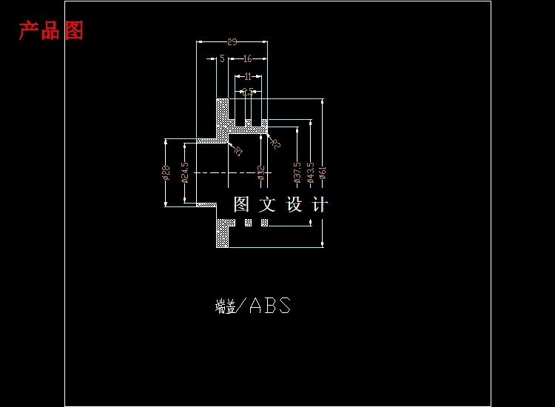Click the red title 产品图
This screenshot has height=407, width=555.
click(x=51, y=30)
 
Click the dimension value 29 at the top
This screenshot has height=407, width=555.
click(x=232, y=42)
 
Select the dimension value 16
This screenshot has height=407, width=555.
click(x=247, y=58)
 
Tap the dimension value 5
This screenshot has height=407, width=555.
click(x=221, y=58)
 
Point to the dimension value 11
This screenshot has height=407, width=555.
click(x=248, y=76)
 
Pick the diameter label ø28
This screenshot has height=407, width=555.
click(x=166, y=172)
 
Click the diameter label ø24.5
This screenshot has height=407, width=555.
click(x=185, y=173)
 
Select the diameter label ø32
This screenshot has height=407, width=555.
click(x=260, y=172)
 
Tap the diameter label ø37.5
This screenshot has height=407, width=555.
click(x=297, y=172)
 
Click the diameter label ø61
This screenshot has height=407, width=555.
click(x=323, y=172)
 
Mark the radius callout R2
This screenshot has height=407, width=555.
click(x=275, y=144)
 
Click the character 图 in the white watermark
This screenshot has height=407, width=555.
click(x=242, y=204)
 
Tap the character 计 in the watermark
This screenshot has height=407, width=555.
click(x=320, y=204)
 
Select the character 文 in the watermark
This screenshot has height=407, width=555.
click(x=267, y=204)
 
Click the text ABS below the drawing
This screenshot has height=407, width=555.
click(x=270, y=306)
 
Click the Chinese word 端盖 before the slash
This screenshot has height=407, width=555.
click(x=226, y=306)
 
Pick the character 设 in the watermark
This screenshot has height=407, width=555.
click(x=294, y=204)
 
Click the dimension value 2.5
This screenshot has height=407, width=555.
click(x=248, y=92)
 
